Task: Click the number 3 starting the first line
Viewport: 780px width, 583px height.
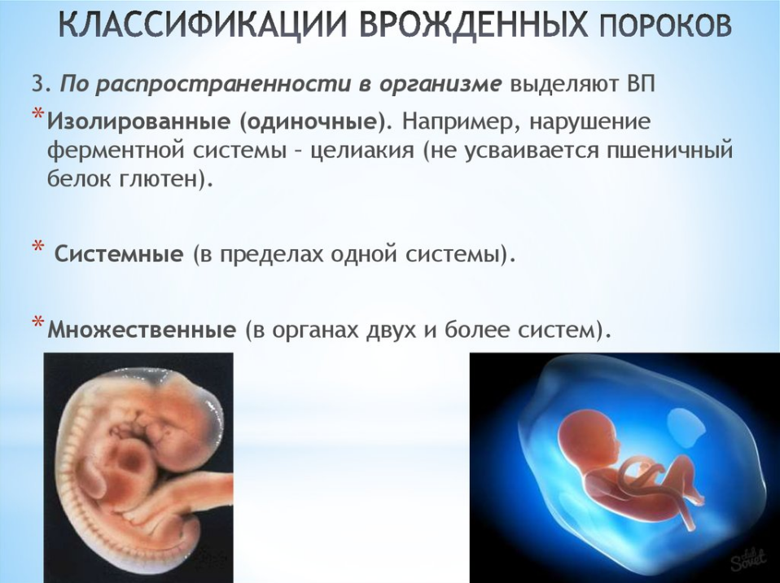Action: coord(37,84)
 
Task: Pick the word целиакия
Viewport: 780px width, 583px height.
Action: coord(362,151)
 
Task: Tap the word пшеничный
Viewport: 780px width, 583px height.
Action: coord(669,151)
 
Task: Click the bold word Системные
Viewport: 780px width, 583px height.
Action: coord(119,255)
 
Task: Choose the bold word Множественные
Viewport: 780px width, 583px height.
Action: coord(142,330)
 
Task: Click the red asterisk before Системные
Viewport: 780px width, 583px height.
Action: coord(37,248)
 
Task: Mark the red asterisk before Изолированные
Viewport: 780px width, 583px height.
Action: coord(37,116)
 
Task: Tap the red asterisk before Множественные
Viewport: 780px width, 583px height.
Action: coord(37,322)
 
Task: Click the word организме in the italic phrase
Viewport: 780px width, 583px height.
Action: coord(440,85)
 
